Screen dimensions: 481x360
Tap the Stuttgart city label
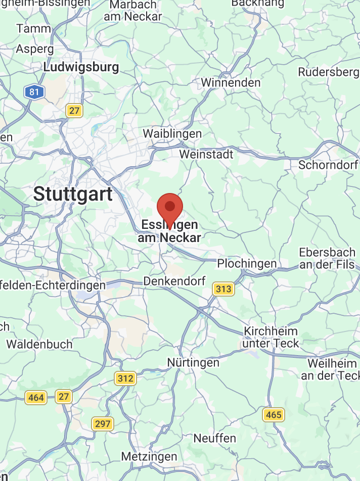coord(73,194)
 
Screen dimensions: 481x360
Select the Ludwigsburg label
coord(81,67)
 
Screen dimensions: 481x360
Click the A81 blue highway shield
coord(34,92)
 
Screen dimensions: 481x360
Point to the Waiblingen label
coord(172,134)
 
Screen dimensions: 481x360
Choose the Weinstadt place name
coord(206,154)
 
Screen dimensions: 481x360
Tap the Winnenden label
coord(231,82)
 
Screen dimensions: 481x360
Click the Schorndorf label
coord(328,165)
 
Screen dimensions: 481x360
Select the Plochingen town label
coord(247,264)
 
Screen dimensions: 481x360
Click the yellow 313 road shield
coord(223,289)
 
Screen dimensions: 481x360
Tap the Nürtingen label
coord(193,363)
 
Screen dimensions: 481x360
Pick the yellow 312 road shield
coord(125,378)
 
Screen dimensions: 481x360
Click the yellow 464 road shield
coord(36,398)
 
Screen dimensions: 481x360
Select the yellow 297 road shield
coord(103,423)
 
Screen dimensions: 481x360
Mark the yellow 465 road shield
coord(274,415)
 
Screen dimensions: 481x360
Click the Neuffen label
coord(215,438)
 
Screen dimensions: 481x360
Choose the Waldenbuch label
coord(39,345)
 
